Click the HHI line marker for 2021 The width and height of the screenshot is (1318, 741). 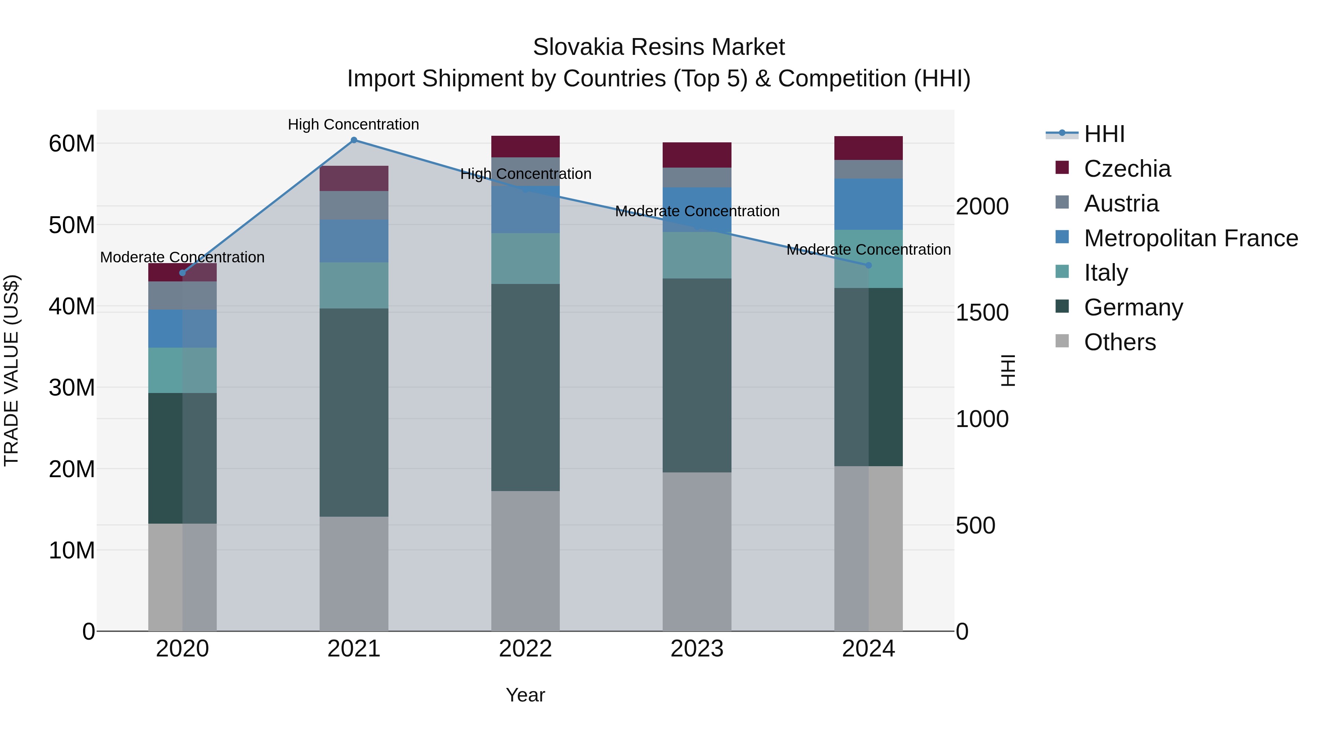tap(354, 140)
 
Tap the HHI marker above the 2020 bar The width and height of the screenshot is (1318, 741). tap(182, 273)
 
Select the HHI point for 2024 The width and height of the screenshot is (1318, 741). tap(868, 265)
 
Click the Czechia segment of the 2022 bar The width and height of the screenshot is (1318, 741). tap(525, 146)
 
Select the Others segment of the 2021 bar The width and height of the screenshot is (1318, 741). tap(354, 573)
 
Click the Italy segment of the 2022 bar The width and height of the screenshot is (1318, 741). tap(525, 258)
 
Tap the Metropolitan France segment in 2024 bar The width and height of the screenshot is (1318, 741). tap(868, 204)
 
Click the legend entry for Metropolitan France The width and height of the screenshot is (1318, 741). tap(1191, 238)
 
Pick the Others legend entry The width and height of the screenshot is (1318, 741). tap(1120, 342)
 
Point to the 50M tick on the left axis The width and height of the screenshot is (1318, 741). tap(72, 225)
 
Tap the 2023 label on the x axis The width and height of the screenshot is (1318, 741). tap(697, 649)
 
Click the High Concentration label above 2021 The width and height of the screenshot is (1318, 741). tap(354, 124)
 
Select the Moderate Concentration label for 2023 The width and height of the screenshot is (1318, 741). tap(697, 211)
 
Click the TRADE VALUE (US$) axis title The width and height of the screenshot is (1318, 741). tap(11, 370)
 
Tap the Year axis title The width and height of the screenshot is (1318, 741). tap(525, 695)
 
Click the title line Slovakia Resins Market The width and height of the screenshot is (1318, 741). tap(659, 47)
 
